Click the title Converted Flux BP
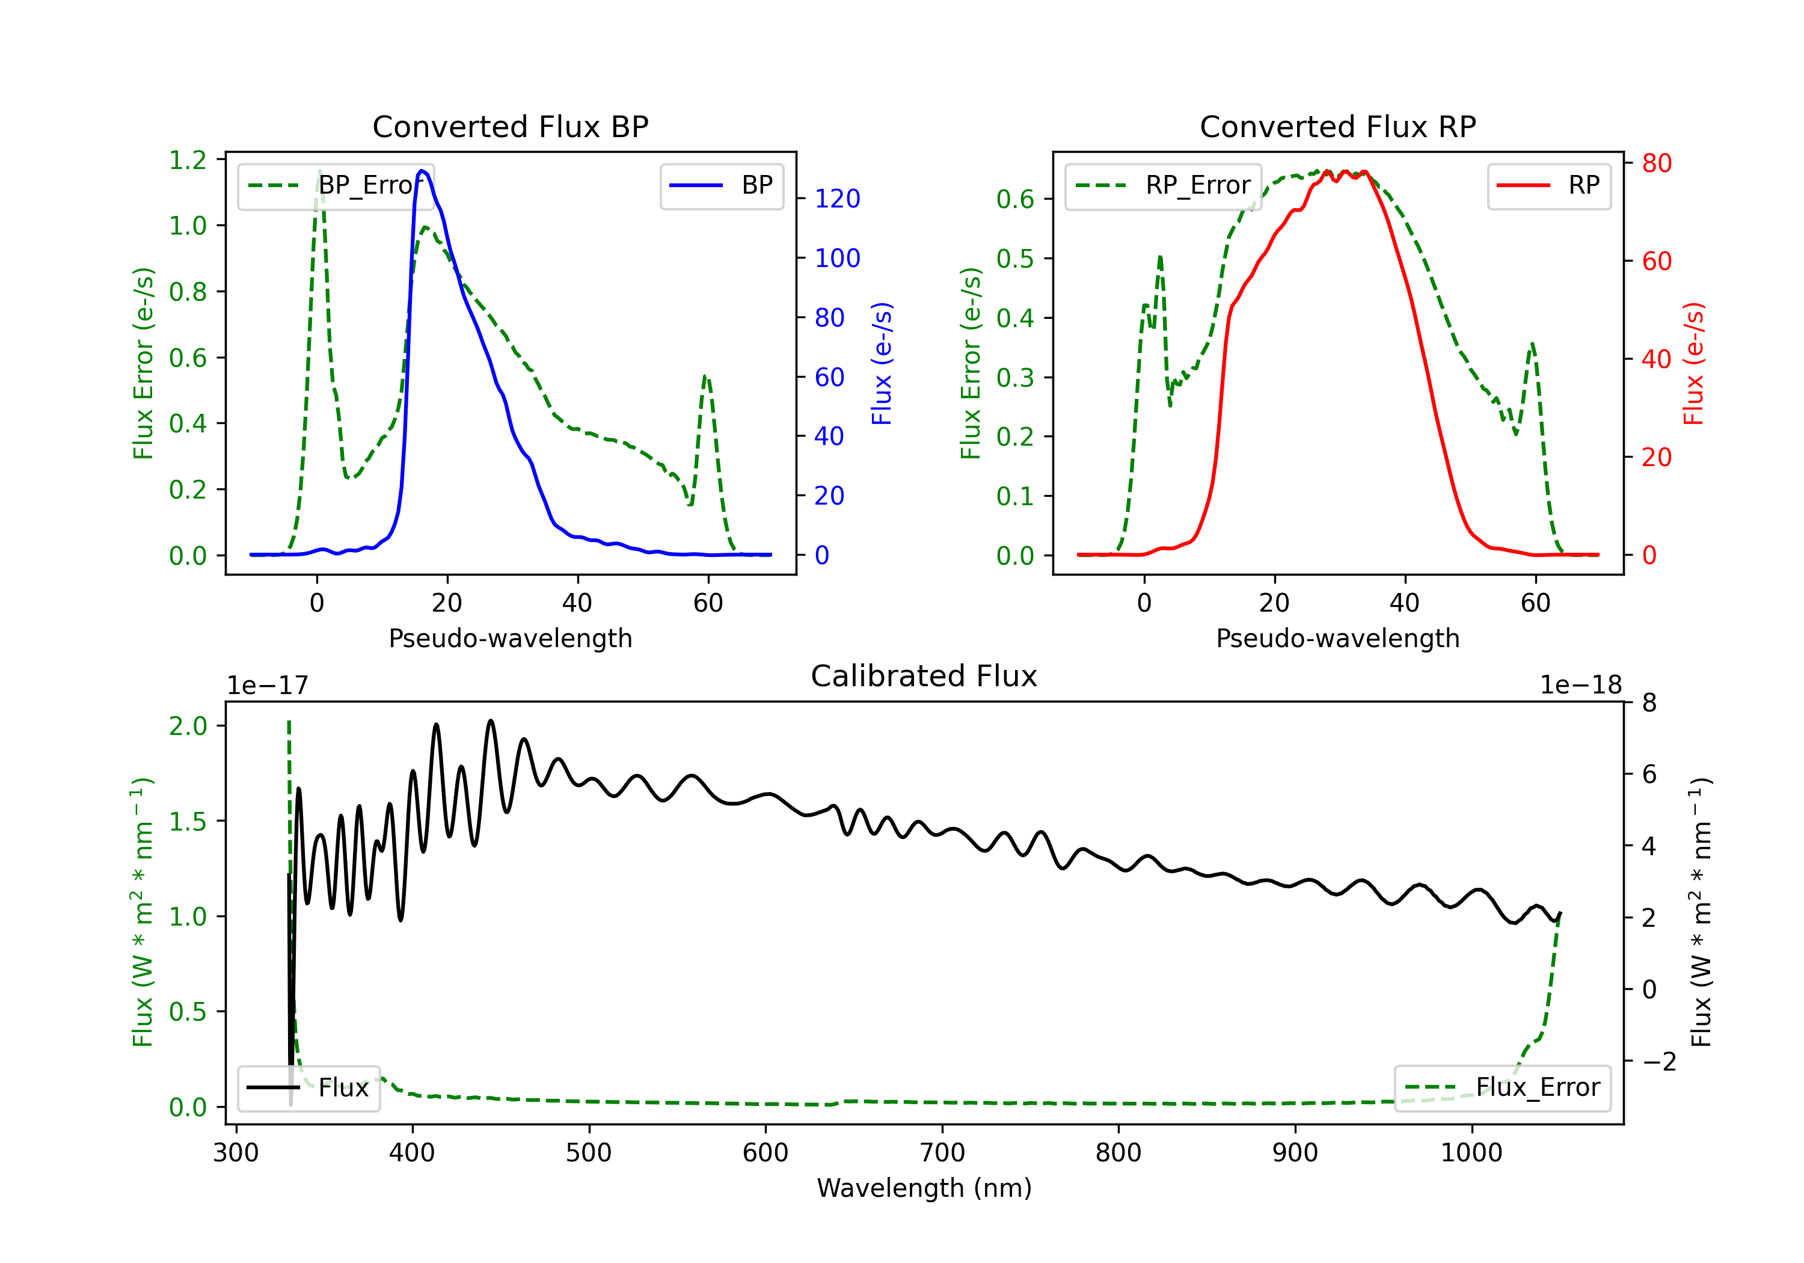point(510,126)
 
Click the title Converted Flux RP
point(1337,126)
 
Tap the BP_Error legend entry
point(336,185)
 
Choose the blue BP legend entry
point(721,185)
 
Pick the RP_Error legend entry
point(1163,185)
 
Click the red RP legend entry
point(1548,185)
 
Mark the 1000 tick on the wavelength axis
point(1471,1153)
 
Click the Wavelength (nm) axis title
point(924,1188)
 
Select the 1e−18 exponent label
point(1581,686)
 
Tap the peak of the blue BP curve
point(423,171)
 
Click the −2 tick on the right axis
point(1658,1062)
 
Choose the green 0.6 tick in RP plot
point(1015,200)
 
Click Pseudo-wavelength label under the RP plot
point(1337,638)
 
